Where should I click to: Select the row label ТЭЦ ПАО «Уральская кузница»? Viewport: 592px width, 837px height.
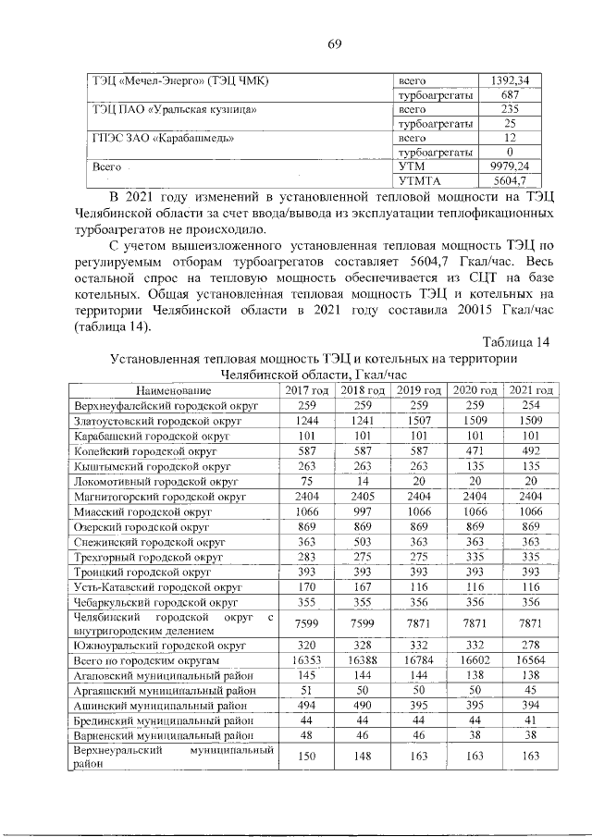pos(173,109)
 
